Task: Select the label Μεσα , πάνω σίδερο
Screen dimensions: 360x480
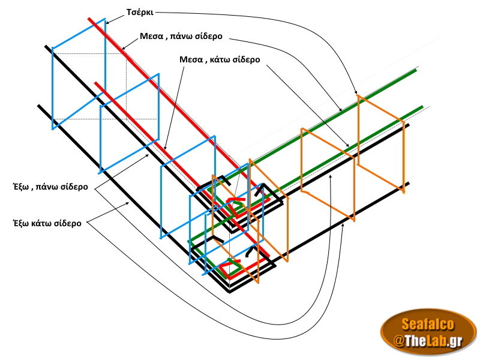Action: [181, 36]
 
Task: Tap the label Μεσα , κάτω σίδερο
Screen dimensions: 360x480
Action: [220, 59]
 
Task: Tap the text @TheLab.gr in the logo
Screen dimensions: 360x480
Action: [427, 341]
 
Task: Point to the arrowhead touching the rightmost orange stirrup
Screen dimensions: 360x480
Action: [356, 94]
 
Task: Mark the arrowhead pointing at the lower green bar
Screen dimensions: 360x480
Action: [349, 145]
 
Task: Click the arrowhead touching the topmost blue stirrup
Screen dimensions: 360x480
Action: [107, 23]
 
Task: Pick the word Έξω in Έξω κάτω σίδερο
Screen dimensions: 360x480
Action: [22, 223]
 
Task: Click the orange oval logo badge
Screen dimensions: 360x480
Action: [428, 332]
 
